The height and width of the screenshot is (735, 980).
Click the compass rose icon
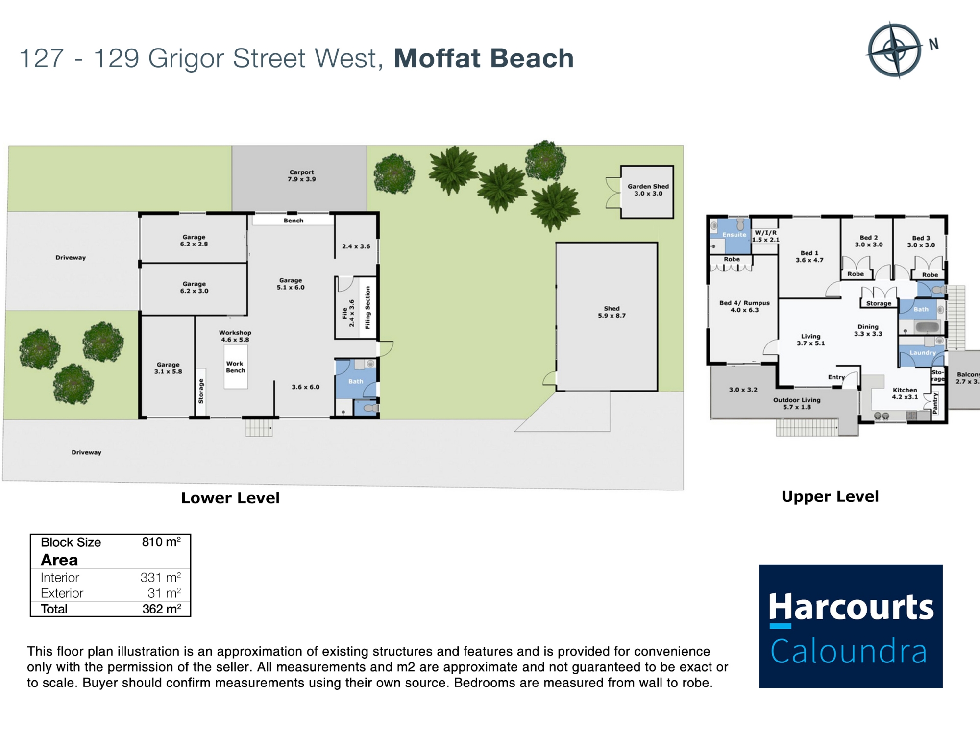895,50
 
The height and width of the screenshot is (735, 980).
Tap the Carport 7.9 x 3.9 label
301,176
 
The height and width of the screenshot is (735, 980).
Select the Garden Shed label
648,190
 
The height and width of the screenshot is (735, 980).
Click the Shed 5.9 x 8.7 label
612,312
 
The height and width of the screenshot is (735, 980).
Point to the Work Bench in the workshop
235,367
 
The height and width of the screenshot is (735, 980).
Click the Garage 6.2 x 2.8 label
194,240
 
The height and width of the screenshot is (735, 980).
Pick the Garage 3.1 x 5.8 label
168,368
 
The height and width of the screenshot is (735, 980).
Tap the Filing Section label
367,308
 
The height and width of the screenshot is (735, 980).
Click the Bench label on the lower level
294,220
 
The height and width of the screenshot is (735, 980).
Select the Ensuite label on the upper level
734,235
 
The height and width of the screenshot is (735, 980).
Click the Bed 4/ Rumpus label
744,306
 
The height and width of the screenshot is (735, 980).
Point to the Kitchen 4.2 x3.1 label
905,393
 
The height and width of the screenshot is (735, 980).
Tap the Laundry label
923,353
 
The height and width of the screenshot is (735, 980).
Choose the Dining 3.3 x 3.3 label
868,330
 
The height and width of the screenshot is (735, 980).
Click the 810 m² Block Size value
161,542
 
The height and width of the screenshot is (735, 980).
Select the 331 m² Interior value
161,577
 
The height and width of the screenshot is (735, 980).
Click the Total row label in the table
54,609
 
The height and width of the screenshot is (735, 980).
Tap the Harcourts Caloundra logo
851,626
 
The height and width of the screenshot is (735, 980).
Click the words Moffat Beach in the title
484,58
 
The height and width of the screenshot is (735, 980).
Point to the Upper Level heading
830,497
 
